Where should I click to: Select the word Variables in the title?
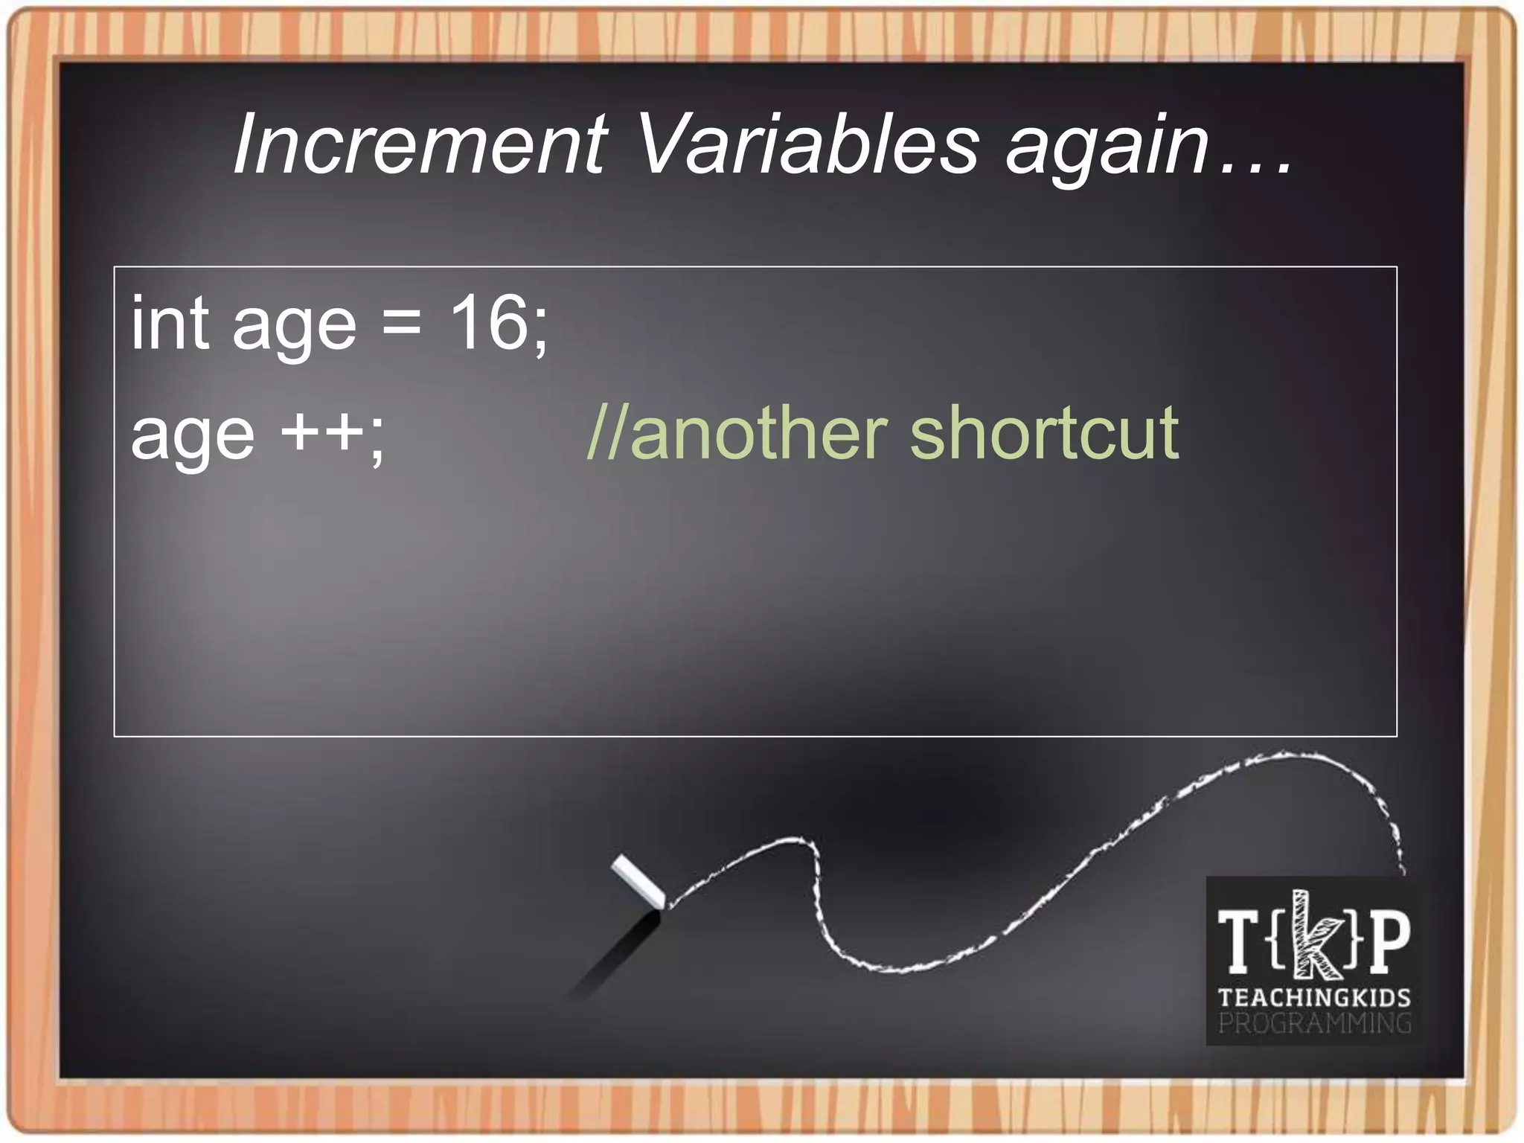coord(807,144)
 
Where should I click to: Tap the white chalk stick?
coord(638,882)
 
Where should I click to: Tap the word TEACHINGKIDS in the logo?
coord(1314,998)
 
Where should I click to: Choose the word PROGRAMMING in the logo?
coord(1314,1024)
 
